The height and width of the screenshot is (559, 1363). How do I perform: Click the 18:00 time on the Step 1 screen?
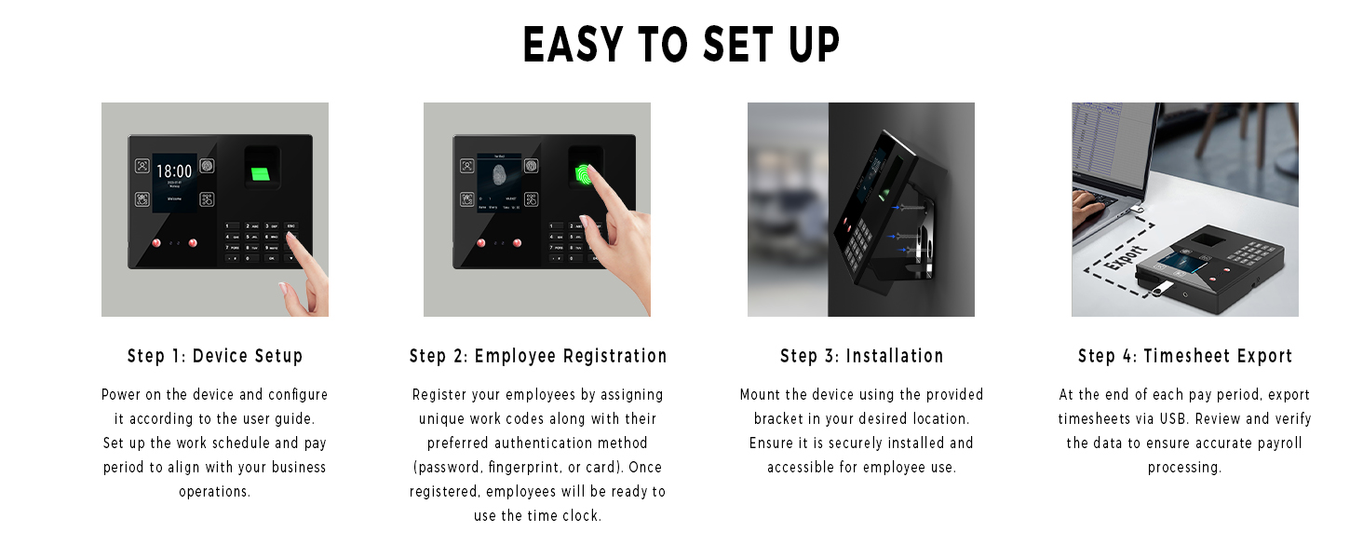point(173,171)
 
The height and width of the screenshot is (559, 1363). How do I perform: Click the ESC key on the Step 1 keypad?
point(291,226)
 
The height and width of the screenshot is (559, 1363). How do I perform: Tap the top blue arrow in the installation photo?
point(897,208)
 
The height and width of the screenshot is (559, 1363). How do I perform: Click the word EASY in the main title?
point(569,45)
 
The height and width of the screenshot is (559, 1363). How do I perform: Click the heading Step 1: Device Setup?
point(215,356)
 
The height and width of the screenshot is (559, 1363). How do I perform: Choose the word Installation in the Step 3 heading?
point(895,356)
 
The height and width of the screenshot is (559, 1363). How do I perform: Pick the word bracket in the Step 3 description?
point(778,419)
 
